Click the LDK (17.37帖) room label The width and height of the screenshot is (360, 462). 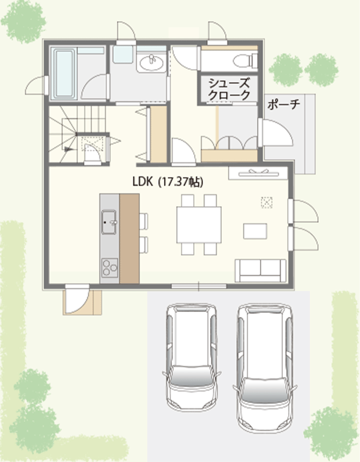(168, 182)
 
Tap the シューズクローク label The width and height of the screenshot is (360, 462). (229, 89)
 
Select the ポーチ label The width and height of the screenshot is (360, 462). (283, 105)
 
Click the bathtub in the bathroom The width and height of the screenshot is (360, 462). (64, 74)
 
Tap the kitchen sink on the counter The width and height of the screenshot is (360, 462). (109, 222)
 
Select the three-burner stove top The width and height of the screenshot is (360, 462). (110, 267)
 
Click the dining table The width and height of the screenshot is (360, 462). (199, 224)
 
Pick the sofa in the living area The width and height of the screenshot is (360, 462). (261, 271)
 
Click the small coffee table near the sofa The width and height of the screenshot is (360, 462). (255, 231)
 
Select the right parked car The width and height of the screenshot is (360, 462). (265, 367)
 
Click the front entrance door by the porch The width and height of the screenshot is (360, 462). (275, 132)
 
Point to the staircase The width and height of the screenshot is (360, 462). (77, 134)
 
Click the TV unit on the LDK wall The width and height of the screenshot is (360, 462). (258, 173)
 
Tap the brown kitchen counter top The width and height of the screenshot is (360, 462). (130, 239)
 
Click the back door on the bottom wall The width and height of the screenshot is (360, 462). (77, 299)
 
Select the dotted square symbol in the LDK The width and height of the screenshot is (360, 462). (266, 203)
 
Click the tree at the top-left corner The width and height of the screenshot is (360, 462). (23, 22)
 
